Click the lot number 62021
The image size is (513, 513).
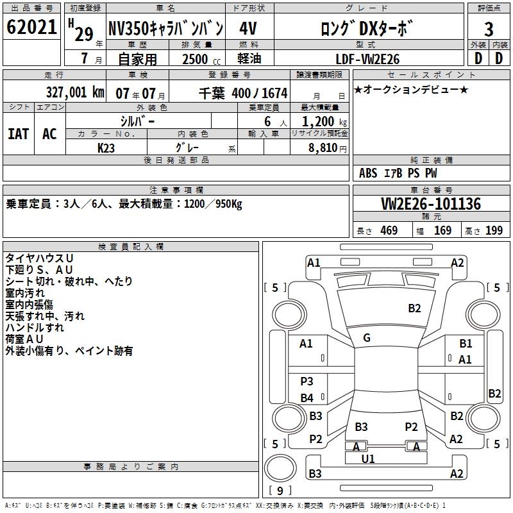[x=31, y=28]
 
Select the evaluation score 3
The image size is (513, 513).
[x=488, y=29]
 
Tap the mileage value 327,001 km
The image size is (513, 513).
[x=74, y=92]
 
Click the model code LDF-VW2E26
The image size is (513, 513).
[x=368, y=59]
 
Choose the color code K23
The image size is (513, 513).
[x=106, y=147]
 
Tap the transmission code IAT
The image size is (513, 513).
[x=19, y=133]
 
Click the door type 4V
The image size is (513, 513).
[x=248, y=28]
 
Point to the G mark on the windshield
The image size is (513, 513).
[x=367, y=338]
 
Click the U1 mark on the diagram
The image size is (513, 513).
[x=367, y=458]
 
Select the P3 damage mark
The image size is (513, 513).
[x=307, y=382]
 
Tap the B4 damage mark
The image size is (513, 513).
[x=307, y=398]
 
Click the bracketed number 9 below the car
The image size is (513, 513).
[x=280, y=491]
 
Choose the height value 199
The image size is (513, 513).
[x=494, y=231]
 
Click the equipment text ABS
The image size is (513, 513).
[x=368, y=173]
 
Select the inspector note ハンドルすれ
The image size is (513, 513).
[x=35, y=328]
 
